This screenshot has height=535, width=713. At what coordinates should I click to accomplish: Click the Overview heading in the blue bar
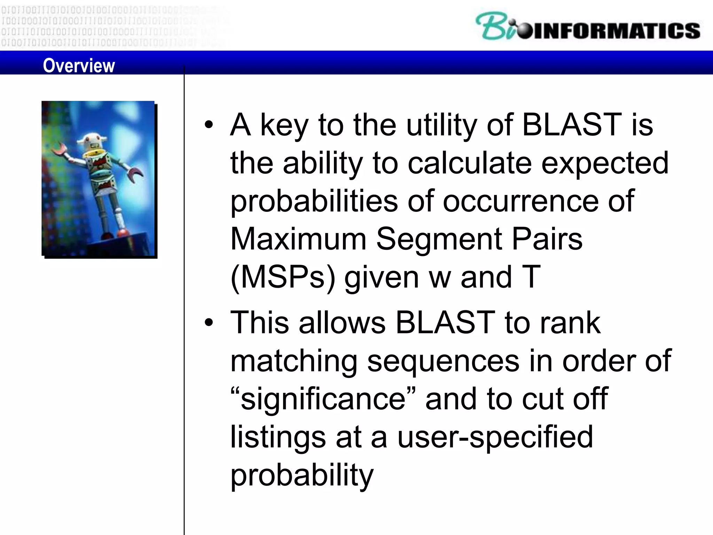[79, 65]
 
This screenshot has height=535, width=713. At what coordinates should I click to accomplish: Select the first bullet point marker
[209, 125]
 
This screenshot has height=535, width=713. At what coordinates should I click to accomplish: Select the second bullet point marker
[209, 323]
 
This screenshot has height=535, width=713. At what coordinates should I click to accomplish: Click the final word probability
[302, 475]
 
